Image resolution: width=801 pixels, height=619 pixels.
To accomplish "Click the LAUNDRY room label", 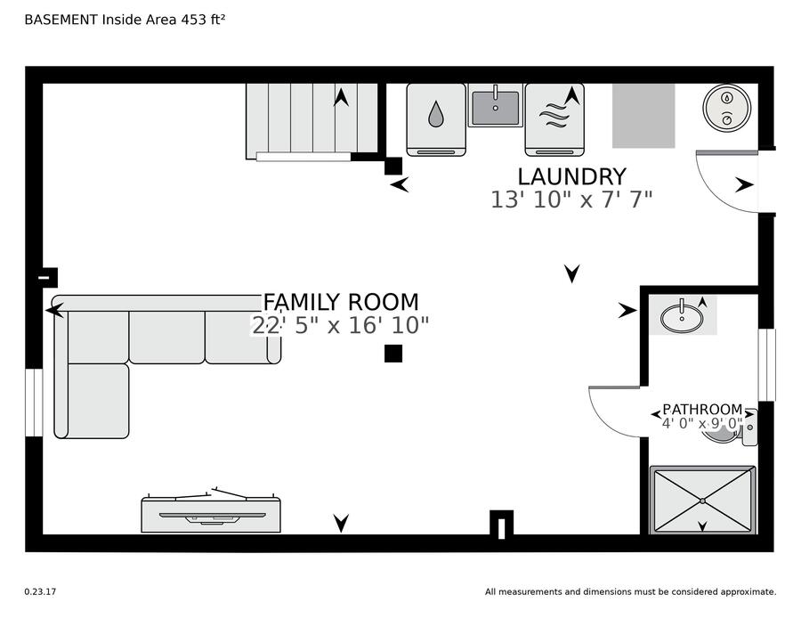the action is (x=571, y=177).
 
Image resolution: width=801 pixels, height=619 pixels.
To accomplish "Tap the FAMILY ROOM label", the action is (x=341, y=302).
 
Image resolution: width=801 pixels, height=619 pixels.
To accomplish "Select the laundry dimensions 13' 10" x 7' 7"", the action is (x=571, y=200).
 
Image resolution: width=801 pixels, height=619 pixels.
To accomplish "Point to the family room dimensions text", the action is (x=340, y=325).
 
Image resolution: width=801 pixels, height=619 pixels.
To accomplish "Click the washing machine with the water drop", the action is (x=436, y=119).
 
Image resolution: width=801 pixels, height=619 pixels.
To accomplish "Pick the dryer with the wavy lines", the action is (x=554, y=119).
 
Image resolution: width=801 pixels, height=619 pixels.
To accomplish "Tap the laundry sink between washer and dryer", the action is (x=495, y=105).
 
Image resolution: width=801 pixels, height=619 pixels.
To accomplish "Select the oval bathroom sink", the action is (x=682, y=317).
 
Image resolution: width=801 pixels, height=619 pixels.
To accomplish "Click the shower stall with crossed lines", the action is (x=702, y=500).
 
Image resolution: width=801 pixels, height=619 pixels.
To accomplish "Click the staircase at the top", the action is (x=311, y=122).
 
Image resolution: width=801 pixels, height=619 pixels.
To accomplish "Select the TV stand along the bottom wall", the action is (x=210, y=514).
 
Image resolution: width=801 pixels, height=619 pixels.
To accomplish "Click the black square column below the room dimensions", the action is (x=393, y=354).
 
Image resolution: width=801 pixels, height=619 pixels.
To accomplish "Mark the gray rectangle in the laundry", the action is (x=643, y=116).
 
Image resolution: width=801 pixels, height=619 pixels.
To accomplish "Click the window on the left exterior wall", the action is (x=34, y=403).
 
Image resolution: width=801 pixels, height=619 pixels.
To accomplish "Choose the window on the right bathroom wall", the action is (x=766, y=364).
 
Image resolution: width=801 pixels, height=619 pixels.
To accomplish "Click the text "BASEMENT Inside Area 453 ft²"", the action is (x=125, y=20).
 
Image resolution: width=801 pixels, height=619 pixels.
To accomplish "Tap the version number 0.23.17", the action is (x=40, y=592).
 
